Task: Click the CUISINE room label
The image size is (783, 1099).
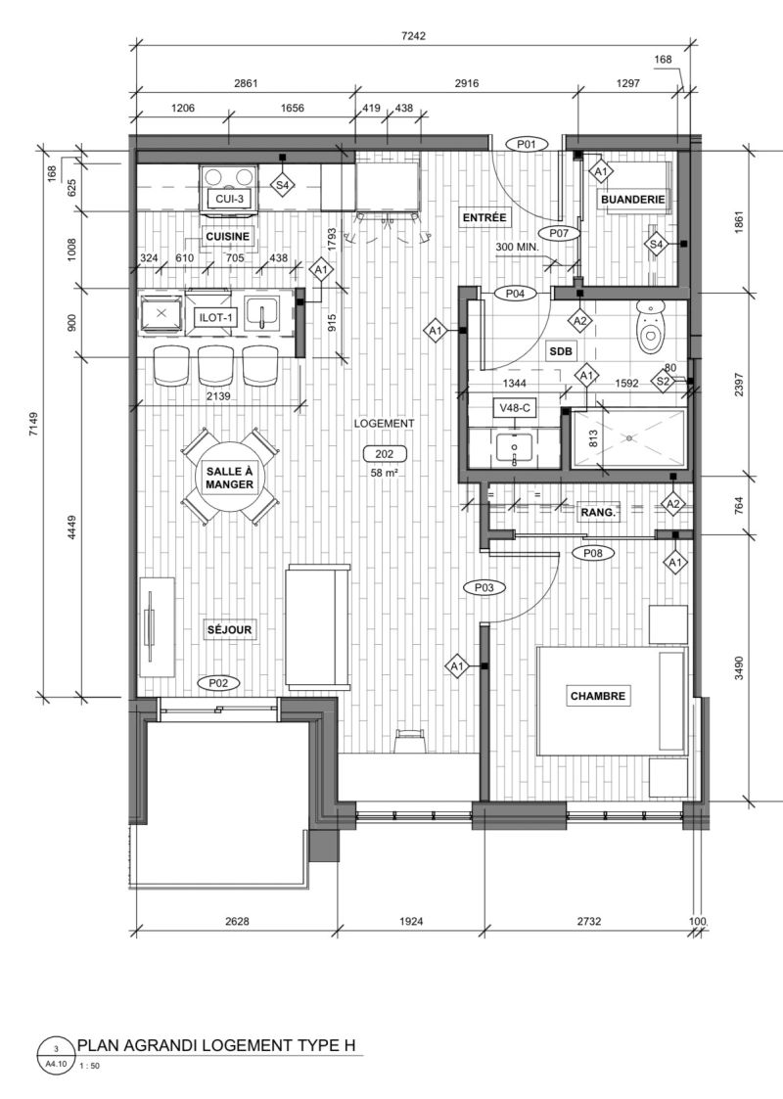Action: point(228,237)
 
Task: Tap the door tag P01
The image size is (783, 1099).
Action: point(526,145)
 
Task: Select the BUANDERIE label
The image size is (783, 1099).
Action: point(632,200)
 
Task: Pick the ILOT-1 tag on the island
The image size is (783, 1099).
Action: point(216,318)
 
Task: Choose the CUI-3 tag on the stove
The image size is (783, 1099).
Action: point(229,199)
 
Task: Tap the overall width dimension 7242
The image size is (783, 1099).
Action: point(413,36)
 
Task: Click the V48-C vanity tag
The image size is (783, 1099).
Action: point(515,408)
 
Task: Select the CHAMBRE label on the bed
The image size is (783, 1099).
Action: point(597,696)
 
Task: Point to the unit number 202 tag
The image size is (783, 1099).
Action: point(384,454)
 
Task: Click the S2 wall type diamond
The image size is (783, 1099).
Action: point(664,381)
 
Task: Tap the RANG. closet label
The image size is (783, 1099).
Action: point(598,513)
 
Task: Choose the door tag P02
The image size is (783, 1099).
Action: point(219,683)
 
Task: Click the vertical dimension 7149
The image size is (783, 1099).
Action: point(34,424)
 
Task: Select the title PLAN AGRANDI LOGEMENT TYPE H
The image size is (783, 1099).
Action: point(216,1046)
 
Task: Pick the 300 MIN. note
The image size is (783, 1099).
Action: point(517,248)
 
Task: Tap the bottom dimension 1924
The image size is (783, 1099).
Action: point(411,921)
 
